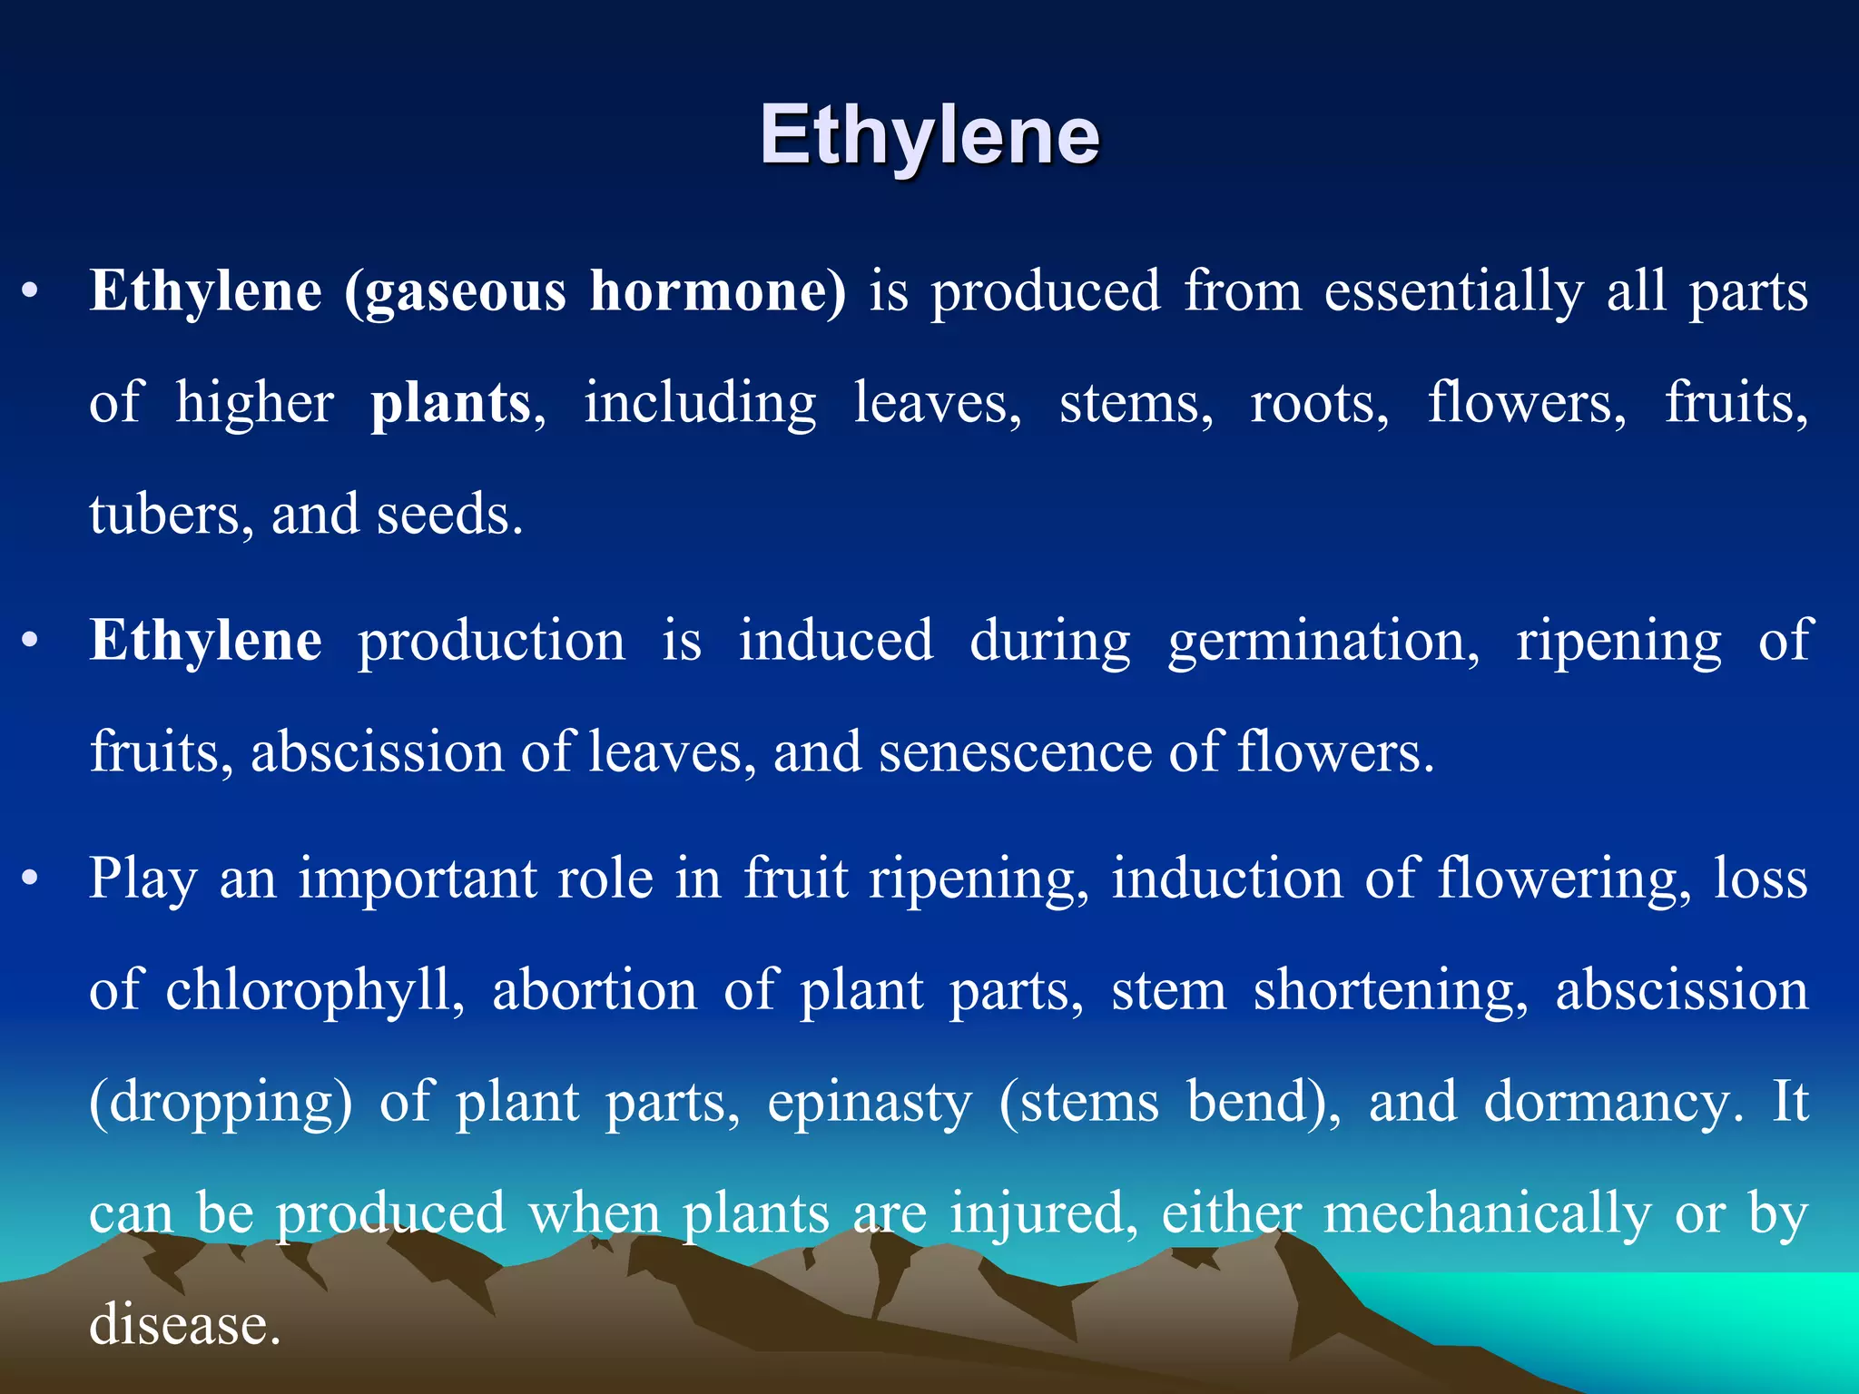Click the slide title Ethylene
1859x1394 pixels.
[929, 136]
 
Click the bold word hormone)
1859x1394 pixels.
[717, 292]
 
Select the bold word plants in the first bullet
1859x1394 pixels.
[450, 404]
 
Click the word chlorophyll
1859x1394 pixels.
[309, 991]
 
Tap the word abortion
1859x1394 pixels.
[595, 989]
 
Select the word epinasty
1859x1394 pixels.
[870, 1104]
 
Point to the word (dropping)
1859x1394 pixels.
[221, 1104]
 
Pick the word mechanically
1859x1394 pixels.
[1487, 1214]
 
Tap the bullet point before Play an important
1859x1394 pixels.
[31, 879]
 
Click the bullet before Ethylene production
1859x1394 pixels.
[31, 641]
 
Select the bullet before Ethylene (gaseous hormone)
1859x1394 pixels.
[31, 292]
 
